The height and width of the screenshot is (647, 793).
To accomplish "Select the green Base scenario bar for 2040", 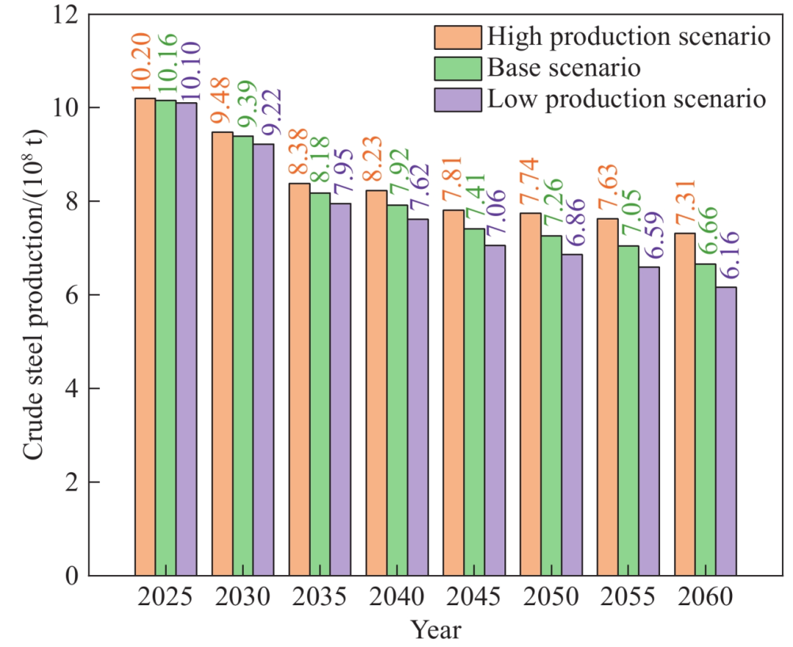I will (397, 390).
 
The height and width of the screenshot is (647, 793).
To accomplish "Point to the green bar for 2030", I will (243, 355).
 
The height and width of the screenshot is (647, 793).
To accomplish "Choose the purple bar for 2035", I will (340, 389).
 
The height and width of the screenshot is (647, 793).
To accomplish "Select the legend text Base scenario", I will (564, 68).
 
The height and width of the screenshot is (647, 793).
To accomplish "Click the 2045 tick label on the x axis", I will (474, 597).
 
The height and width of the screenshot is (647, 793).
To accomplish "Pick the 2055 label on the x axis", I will (627, 597).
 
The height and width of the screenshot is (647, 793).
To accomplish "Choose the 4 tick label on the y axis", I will (72, 388).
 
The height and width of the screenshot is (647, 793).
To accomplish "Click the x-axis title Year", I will (436, 630).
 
